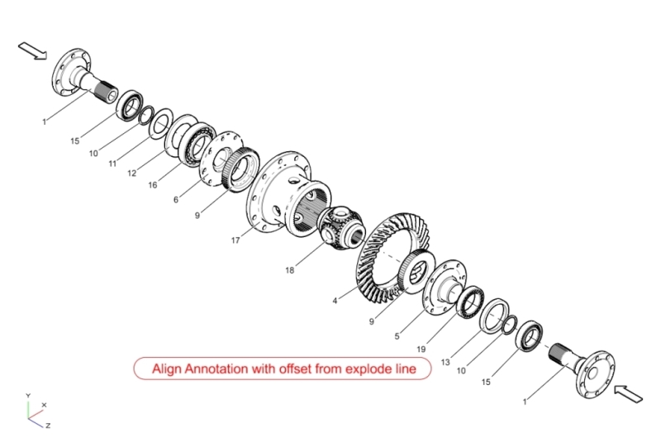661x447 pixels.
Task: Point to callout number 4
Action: (335, 302)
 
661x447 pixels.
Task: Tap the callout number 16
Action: (152, 185)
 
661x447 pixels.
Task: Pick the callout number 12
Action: (131, 173)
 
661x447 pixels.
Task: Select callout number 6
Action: (176, 200)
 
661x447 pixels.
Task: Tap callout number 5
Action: (397, 335)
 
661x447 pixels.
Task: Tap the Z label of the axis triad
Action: (48, 425)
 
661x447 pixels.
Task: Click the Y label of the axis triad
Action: (28, 396)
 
